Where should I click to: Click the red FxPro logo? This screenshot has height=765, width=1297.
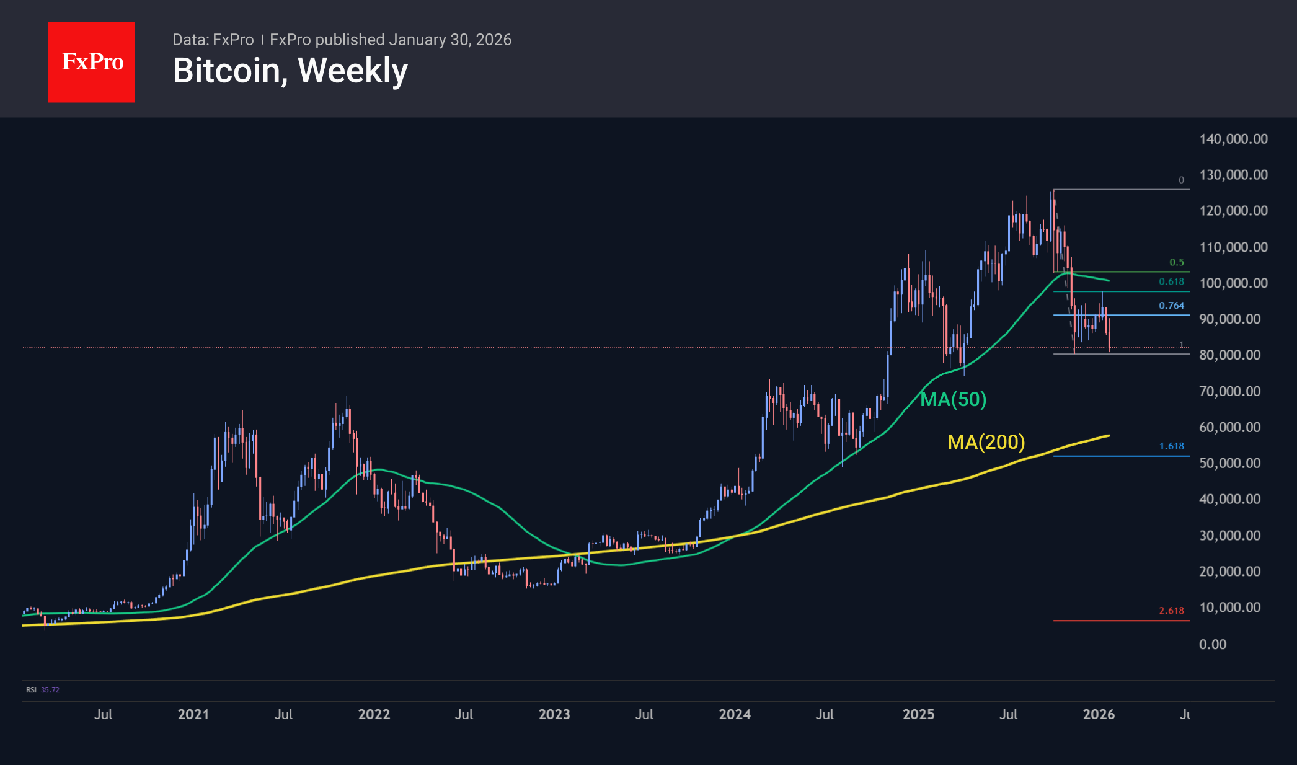[92, 62]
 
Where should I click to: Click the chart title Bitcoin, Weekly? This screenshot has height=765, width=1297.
[290, 71]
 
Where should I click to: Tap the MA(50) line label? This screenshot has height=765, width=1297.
[953, 399]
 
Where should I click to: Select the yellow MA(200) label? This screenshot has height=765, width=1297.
[986, 442]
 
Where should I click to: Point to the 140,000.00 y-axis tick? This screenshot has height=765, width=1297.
[1233, 139]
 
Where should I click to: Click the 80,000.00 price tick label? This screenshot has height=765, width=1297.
[1229, 355]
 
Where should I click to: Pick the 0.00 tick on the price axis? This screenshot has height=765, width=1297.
[1212, 644]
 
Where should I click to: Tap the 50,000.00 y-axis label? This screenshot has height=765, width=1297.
[1229, 463]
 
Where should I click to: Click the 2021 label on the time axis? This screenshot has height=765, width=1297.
[193, 714]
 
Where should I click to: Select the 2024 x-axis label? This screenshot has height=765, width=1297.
[734, 714]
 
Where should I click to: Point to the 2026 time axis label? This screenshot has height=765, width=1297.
[1098, 714]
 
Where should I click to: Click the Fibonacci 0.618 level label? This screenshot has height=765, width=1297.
[1171, 281]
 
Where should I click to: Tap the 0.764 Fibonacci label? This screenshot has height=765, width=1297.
[1171, 306]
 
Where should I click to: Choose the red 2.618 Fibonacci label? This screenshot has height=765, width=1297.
[1171, 611]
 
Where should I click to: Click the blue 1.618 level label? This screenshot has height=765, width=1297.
[1171, 446]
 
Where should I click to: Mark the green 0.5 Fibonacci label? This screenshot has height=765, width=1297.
[1176, 262]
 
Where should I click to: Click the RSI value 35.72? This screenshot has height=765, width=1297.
[50, 689]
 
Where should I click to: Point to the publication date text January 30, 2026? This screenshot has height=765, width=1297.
[450, 40]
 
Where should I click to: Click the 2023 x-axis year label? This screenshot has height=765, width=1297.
[554, 714]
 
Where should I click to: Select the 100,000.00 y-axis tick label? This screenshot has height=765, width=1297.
[1233, 283]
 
